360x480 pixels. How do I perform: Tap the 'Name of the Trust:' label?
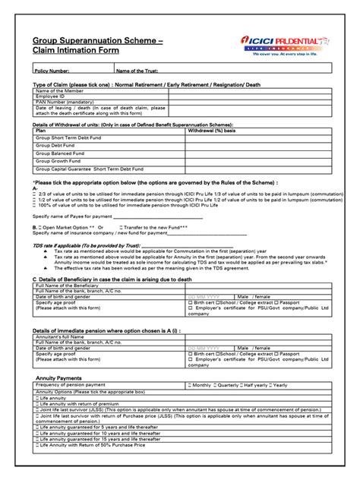click(x=141, y=71)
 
